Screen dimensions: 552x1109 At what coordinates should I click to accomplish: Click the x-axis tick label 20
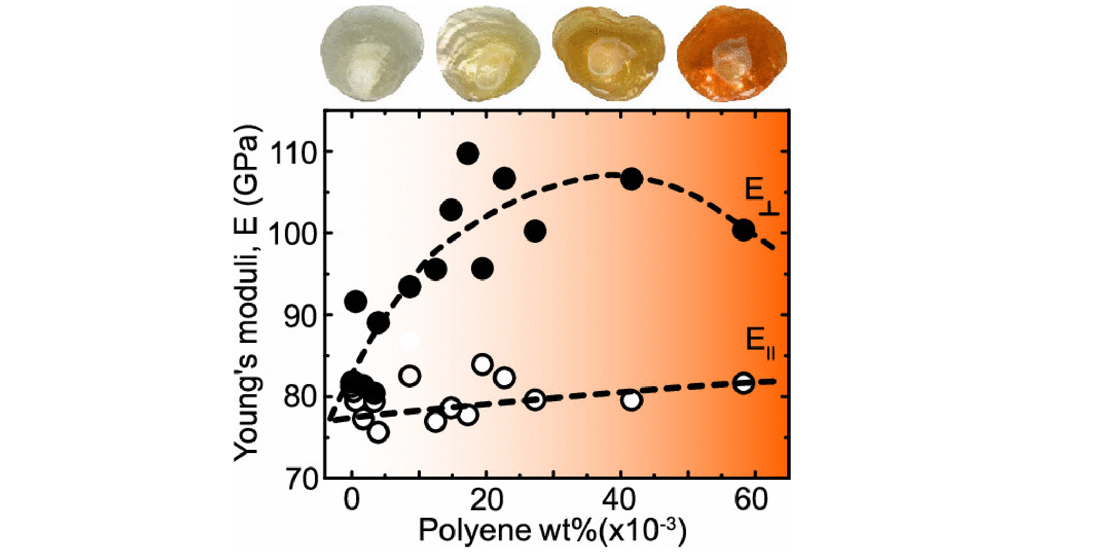[x=486, y=501]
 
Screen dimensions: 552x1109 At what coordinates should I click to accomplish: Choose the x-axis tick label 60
[x=751, y=501]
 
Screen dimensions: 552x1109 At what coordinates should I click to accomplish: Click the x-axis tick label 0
[x=351, y=501]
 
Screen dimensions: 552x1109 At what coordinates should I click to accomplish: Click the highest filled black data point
[x=468, y=154]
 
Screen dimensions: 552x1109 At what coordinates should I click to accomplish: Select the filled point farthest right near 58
[x=744, y=230]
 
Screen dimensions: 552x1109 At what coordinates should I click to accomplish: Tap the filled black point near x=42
[x=631, y=179]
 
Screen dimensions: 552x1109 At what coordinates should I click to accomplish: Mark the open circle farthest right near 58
[x=744, y=384]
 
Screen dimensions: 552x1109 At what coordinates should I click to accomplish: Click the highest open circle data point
[x=483, y=365]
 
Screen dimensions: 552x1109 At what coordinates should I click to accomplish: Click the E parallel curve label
[x=760, y=342]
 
